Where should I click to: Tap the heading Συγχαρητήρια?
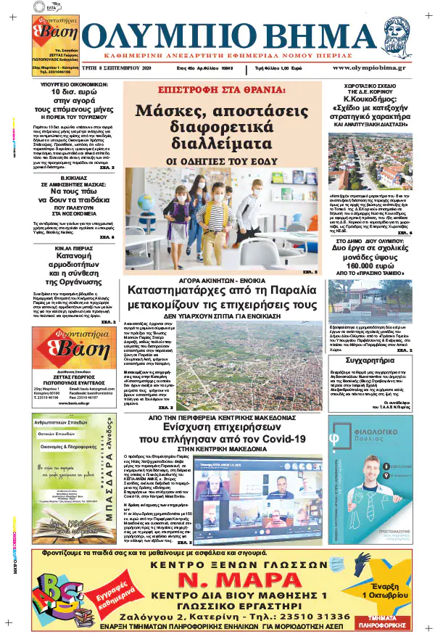[371, 358]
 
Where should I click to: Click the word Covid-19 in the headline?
[277, 438]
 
